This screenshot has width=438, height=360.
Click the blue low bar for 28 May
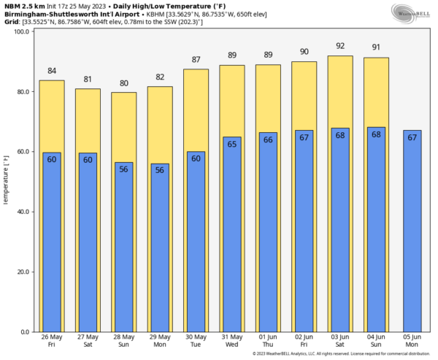pyautogui.click(x=123, y=248)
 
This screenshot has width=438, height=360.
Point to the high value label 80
pyautogui.click(x=123, y=83)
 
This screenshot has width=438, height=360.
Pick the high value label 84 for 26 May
pyautogui.click(x=51, y=71)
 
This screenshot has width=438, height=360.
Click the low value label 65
pyautogui.click(x=231, y=145)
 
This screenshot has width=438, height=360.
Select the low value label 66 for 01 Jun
pyautogui.click(x=268, y=140)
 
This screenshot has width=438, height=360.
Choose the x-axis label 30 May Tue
pyautogui.click(x=196, y=341)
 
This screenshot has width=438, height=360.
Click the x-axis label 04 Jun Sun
pyautogui.click(x=376, y=341)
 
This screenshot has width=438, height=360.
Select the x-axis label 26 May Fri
pyautogui.click(x=51, y=341)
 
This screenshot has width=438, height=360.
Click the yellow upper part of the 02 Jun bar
pyautogui.click(x=304, y=95)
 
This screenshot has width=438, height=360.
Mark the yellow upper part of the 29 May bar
pyautogui.click(x=159, y=124)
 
